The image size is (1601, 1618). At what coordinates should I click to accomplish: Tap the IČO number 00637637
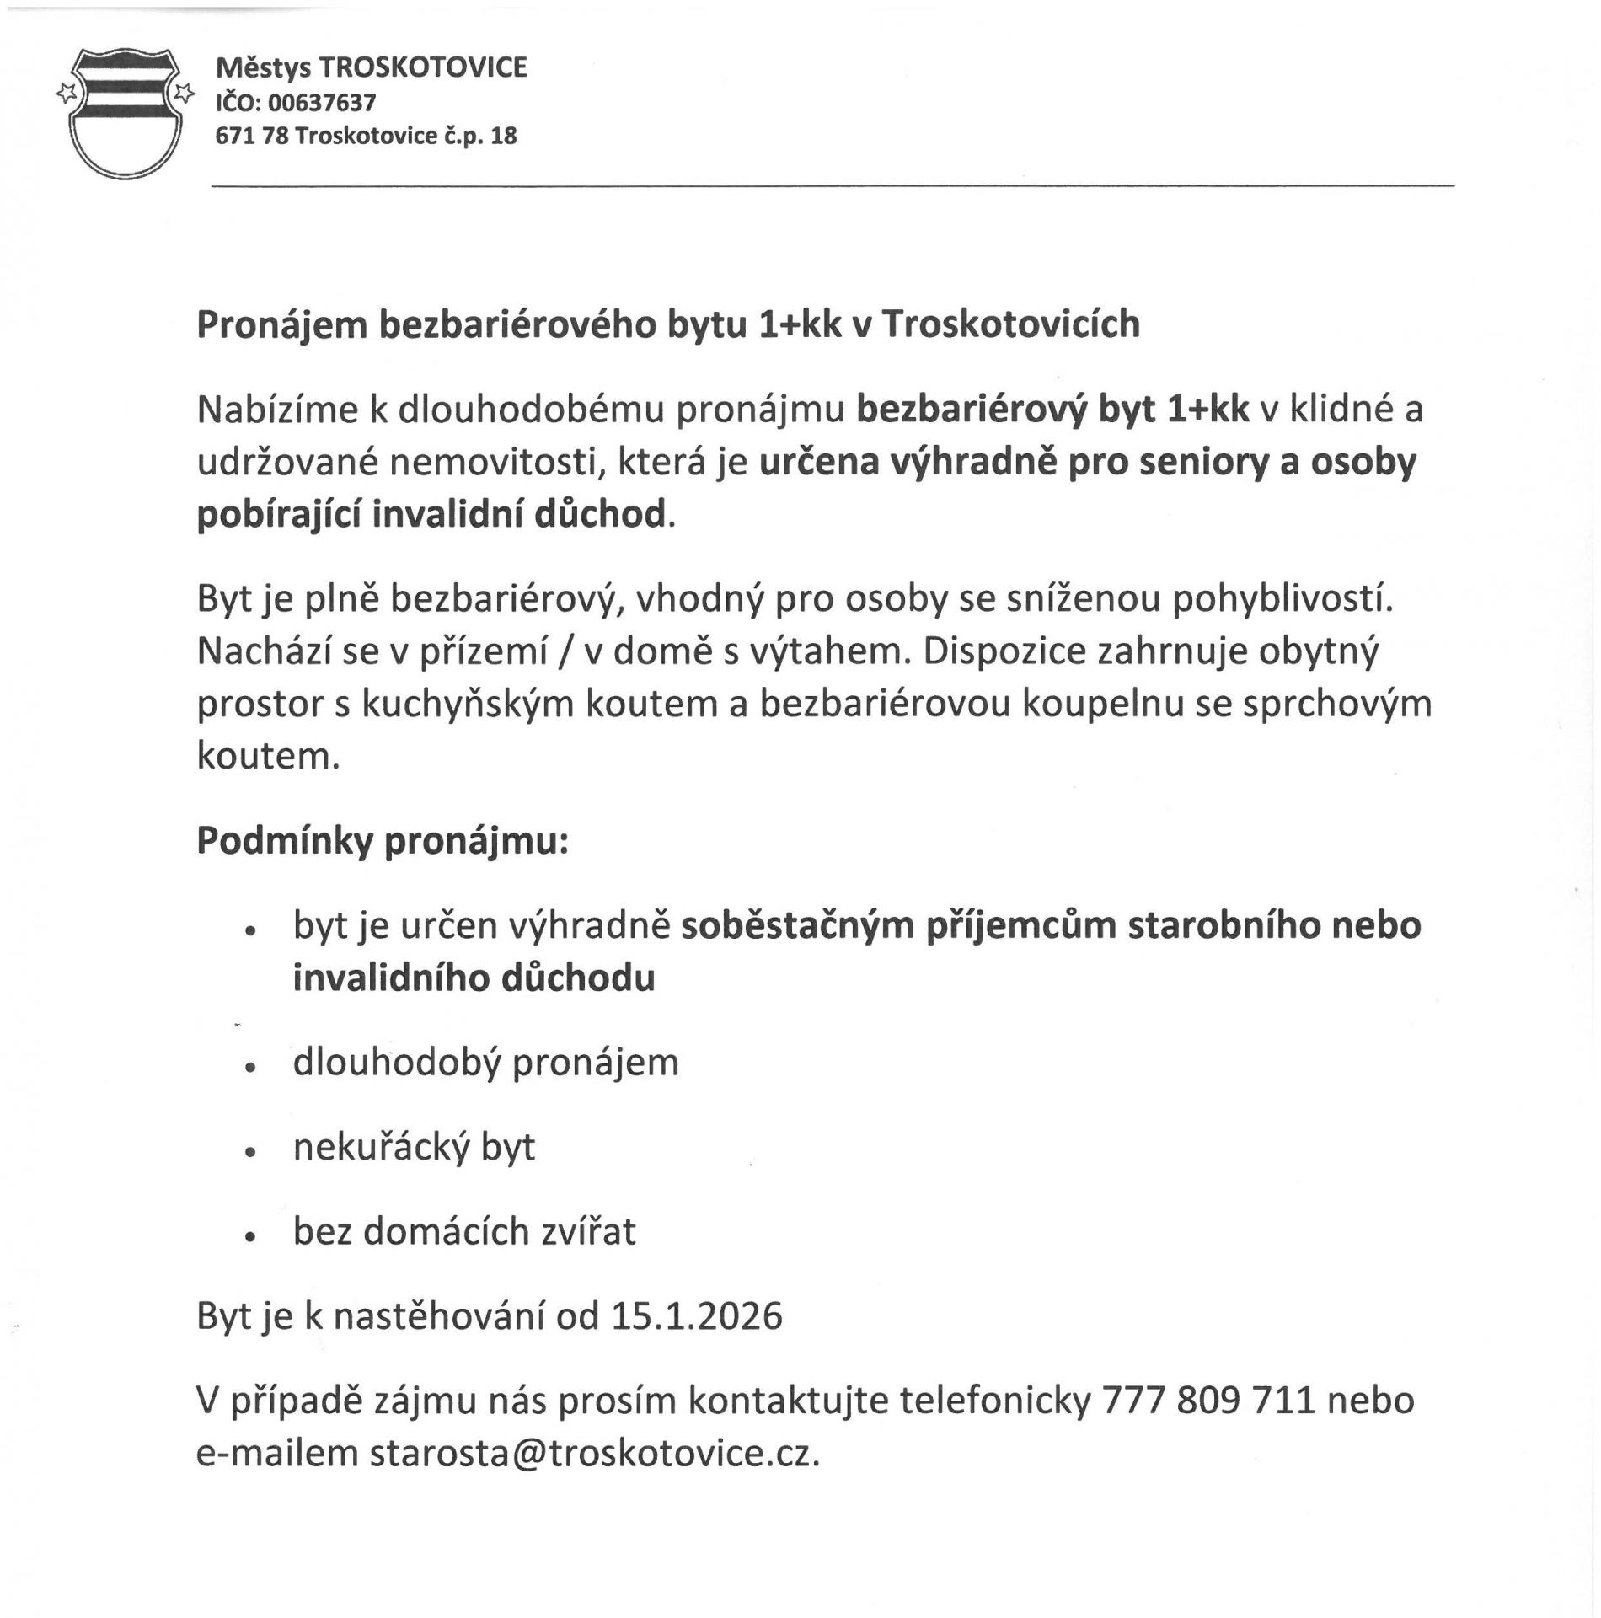click(322, 103)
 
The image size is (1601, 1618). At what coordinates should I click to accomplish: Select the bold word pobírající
click(277, 514)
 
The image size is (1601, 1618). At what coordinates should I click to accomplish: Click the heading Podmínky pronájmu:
click(383, 841)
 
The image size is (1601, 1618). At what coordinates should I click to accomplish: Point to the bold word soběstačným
click(798, 925)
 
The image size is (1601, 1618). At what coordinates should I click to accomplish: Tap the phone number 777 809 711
click(1208, 1401)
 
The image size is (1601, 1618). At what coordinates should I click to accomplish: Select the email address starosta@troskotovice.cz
click(593, 1454)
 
